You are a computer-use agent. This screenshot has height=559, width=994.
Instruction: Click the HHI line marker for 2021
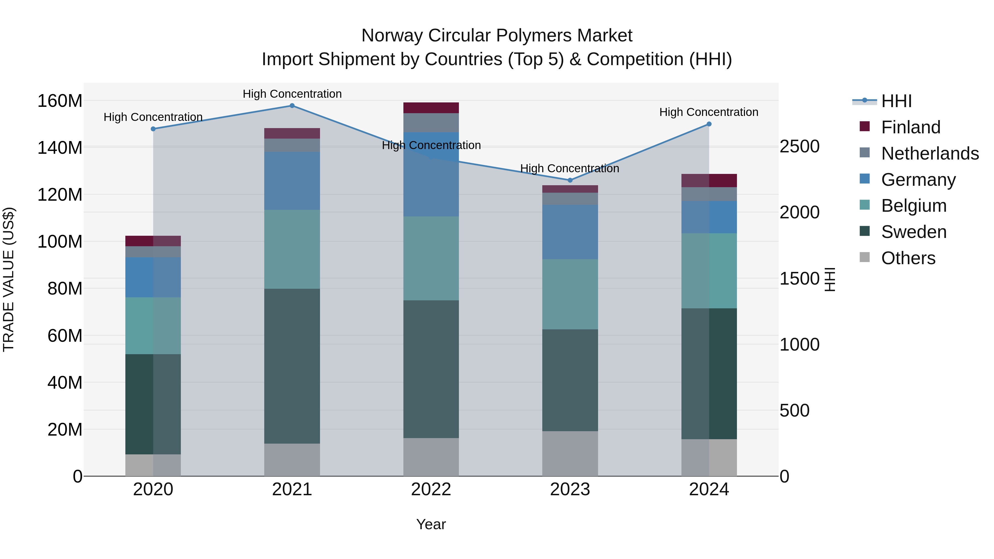coord(292,106)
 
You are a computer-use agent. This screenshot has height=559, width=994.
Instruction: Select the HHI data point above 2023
coord(570,180)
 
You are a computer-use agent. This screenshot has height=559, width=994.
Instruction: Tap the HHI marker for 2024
coord(709,124)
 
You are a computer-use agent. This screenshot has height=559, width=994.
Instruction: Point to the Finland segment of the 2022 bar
coord(431,108)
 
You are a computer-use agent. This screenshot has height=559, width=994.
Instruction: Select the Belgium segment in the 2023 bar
coord(570,294)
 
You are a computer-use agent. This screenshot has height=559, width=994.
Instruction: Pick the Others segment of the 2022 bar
coord(431,457)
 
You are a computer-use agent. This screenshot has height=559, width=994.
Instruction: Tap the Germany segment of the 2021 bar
coord(292,181)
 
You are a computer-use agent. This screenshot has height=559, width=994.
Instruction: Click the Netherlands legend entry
coord(930,153)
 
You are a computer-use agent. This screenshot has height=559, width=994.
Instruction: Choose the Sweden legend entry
coord(914,232)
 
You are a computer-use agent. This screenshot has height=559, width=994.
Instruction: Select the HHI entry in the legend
coord(896,101)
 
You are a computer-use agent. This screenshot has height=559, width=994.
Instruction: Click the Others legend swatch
coord(865,257)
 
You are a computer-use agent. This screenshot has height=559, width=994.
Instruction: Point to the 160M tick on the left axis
coord(60,101)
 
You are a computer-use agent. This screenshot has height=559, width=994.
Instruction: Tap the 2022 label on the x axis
coord(431,489)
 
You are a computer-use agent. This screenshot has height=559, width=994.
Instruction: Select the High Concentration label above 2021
coord(292,94)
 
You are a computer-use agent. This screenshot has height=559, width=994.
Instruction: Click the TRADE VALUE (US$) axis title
coord(9,279)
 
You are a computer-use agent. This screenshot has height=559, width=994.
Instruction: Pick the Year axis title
coord(431,524)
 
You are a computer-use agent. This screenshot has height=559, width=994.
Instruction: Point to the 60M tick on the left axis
coord(65,336)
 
